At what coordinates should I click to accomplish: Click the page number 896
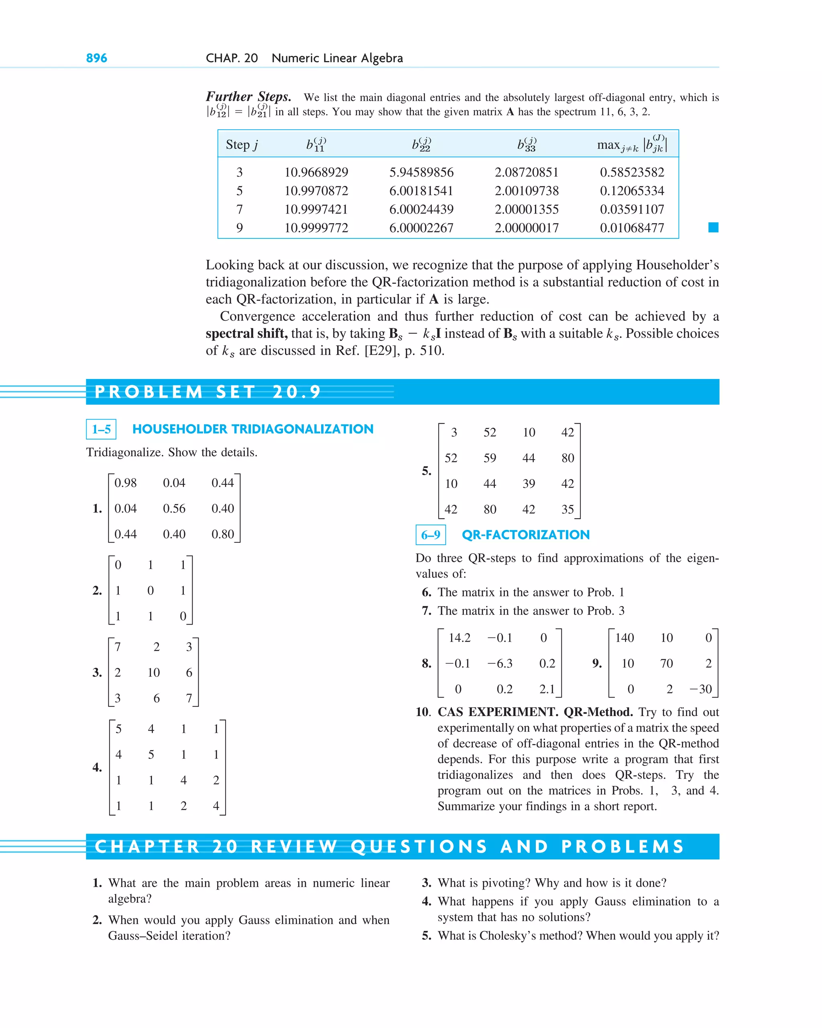pyautogui.click(x=96, y=58)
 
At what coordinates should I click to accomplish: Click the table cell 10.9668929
pyautogui.click(x=316, y=172)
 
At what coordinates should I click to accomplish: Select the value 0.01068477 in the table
pyautogui.click(x=632, y=228)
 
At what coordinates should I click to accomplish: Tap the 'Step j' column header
pyautogui.click(x=242, y=145)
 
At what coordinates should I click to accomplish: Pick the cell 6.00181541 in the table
pyautogui.click(x=421, y=191)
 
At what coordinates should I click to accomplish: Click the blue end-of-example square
pyautogui.click(x=713, y=228)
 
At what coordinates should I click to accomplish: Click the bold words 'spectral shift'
pyautogui.click(x=246, y=333)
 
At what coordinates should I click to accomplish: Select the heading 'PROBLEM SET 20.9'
pyautogui.click(x=208, y=392)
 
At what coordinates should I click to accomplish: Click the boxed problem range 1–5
pyautogui.click(x=101, y=429)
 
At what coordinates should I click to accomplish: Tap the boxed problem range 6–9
pyautogui.click(x=431, y=535)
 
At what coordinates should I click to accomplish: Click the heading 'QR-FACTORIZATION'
pyautogui.click(x=525, y=535)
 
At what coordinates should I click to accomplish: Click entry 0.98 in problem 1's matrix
pyautogui.click(x=125, y=483)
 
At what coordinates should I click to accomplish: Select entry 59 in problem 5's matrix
pyautogui.click(x=490, y=458)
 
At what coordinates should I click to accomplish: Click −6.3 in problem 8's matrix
pyautogui.click(x=500, y=663)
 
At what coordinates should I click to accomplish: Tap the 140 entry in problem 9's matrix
pyautogui.click(x=624, y=638)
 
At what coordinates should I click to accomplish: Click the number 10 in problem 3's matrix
pyautogui.click(x=154, y=673)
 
